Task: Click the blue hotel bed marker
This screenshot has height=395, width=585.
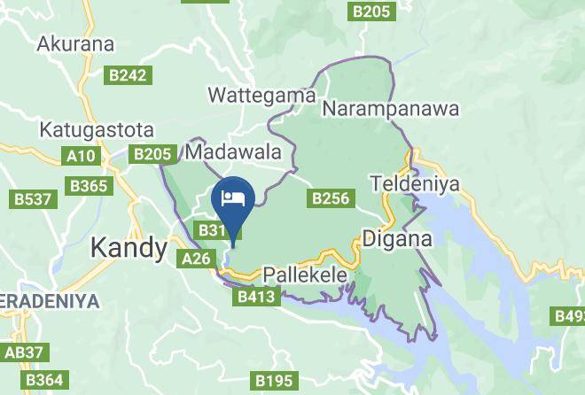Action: coord(234,197)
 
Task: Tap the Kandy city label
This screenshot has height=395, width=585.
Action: coord(129,247)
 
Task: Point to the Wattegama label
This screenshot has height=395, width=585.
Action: coord(261,94)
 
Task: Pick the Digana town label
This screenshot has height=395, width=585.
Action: coord(397,238)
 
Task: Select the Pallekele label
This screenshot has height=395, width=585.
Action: coord(304,275)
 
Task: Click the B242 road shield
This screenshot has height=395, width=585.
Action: coord(128,76)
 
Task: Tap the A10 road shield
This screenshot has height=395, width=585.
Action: coord(82,157)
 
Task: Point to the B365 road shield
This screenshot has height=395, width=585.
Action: coord(90,186)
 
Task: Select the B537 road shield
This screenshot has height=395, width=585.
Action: coord(31,199)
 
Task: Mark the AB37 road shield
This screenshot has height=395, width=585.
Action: coord(24,352)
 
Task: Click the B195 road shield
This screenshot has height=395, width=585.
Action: coord(273,381)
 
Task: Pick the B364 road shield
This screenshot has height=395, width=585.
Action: coord(43,381)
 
